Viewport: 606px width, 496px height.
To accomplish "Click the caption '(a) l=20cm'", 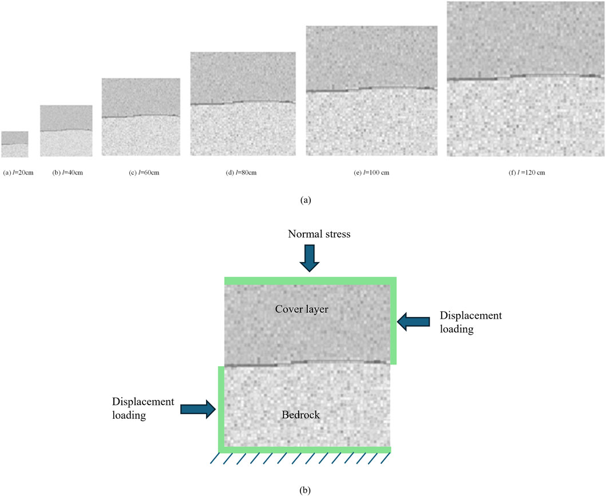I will (x=18, y=172).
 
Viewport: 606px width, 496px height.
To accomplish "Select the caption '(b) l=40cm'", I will (x=68, y=172).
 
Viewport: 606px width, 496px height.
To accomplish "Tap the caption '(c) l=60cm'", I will (x=141, y=172).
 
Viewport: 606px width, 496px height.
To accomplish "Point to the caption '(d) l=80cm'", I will (x=243, y=172).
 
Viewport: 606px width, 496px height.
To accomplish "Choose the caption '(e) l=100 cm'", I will (x=372, y=172).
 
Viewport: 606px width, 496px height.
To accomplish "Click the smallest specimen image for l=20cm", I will (x=15, y=144).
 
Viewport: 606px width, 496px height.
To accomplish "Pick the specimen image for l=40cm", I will (x=66, y=130).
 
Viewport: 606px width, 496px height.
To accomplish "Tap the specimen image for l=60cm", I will (x=141, y=117).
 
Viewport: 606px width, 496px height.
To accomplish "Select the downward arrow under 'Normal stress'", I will (x=309, y=258).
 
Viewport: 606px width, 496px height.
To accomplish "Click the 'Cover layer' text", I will (x=307, y=309).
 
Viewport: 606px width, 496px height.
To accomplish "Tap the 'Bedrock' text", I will (x=302, y=414).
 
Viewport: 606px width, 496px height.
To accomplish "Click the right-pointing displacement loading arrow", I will (x=198, y=408).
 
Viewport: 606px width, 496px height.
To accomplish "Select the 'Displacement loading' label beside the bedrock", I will (x=143, y=408).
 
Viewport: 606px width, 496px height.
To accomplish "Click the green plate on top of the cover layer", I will (x=309, y=281).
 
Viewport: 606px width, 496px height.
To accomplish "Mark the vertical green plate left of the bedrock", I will (x=221, y=407).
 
